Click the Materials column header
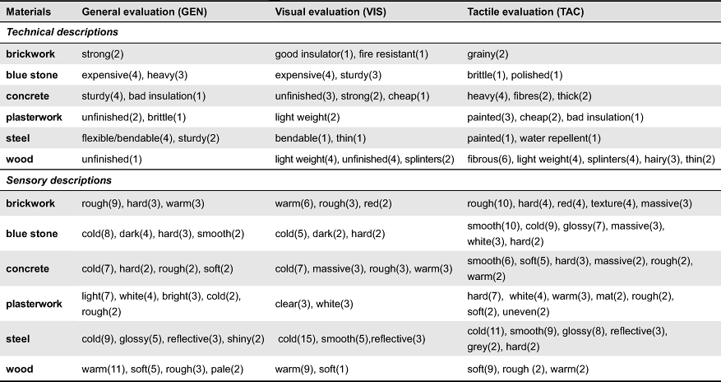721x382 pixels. tap(29, 12)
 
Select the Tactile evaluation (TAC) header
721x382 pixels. tap(525, 12)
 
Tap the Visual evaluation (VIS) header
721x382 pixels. tap(330, 12)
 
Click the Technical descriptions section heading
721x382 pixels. tap(62, 32)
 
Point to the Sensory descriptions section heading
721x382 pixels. tap(59, 180)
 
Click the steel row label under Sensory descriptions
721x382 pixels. tap(18, 339)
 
